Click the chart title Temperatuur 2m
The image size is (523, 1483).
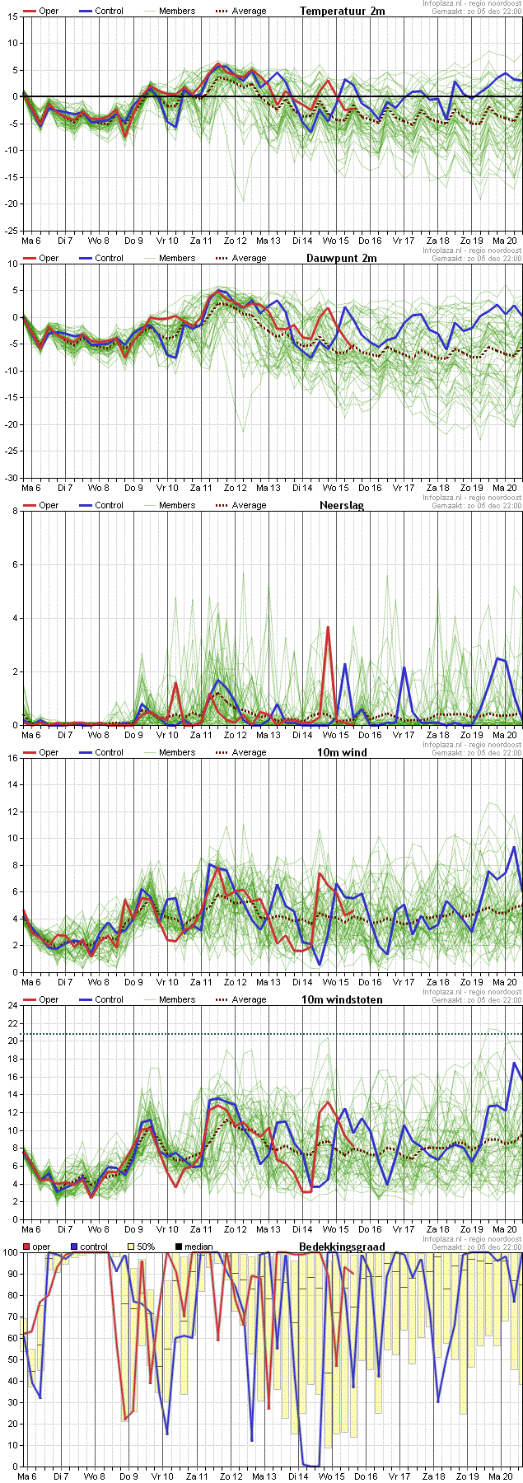click(x=342, y=11)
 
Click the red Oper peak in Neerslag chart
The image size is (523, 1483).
click(x=328, y=628)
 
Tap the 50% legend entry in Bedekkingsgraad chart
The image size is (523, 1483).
click(x=145, y=1247)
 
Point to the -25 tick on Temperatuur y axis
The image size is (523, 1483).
click(x=11, y=231)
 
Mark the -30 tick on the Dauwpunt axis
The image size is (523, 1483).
click(x=11, y=478)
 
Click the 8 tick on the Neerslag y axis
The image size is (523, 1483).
click(x=14, y=511)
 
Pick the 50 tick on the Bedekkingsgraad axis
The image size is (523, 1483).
click(x=12, y=1359)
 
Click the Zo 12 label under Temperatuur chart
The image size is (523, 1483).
click(x=233, y=241)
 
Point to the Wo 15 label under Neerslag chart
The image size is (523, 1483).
click(x=335, y=735)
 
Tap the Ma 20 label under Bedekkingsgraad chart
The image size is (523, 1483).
click(x=504, y=1476)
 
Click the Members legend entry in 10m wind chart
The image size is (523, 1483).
click(x=176, y=752)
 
